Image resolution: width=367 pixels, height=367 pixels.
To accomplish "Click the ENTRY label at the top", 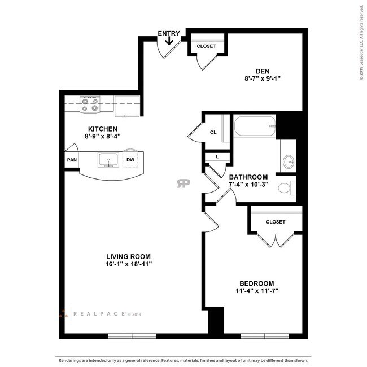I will [169, 33].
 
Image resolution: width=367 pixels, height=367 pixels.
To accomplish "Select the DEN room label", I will [263, 71].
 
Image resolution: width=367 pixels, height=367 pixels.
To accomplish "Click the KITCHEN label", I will [102, 129].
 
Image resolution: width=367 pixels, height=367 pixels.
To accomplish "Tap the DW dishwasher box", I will [130, 160].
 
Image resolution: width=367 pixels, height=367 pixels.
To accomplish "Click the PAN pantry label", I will [72, 160].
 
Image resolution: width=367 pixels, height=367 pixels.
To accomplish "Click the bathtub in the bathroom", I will [255, 125].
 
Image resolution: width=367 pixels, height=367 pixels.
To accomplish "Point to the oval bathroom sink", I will [289, 161].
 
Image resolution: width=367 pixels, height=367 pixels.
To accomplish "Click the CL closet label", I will [213, 132].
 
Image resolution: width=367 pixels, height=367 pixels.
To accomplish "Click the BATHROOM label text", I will [248, 177].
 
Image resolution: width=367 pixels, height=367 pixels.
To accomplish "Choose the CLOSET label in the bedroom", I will [276, 222].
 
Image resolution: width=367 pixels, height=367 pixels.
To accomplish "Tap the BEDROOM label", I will [257, 283].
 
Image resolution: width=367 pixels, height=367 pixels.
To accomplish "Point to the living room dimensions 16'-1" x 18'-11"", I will [129, 264].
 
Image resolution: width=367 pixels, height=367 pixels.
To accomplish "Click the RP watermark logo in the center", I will [183, 183].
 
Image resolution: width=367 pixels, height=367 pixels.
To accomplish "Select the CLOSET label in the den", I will [206, 46].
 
